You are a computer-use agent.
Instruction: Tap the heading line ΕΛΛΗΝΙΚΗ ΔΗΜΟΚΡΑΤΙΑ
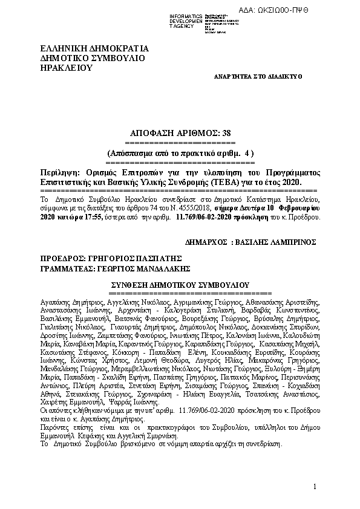(x=94, y=48)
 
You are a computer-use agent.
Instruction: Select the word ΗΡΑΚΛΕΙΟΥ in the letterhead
(x=65, y=68)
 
